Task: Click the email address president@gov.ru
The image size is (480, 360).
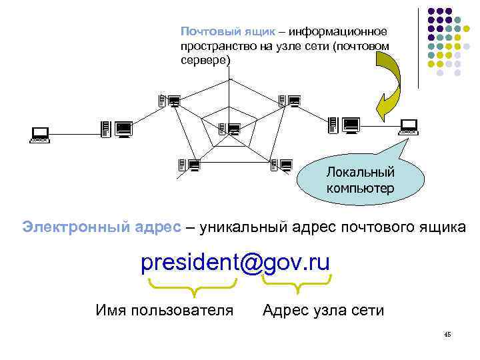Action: (235, 263)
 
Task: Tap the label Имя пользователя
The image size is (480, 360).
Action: (165, 310)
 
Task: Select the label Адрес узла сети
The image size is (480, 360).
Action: (323, 310)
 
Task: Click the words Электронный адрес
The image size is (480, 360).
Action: (101, 227)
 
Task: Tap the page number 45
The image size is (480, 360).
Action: (447, 335)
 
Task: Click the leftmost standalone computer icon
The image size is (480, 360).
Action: (40, 136)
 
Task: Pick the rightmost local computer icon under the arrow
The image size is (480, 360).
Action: (408, 126)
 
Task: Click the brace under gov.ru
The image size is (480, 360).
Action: (295, 287)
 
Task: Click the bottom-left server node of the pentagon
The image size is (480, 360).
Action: (190, 165)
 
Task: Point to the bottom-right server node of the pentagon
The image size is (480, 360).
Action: (282, 165)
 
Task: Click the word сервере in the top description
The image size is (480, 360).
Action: (205, 60)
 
